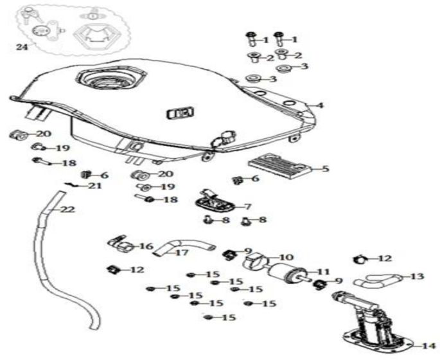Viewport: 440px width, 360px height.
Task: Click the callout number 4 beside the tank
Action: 320,105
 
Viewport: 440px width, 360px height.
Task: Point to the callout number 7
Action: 249,206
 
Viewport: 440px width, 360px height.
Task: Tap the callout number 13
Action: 417,276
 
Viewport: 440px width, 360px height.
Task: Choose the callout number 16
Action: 146,246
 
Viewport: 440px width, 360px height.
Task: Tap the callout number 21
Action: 94,186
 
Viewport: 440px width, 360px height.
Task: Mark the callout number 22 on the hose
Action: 67,210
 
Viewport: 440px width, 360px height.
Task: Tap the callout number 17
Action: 182,253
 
